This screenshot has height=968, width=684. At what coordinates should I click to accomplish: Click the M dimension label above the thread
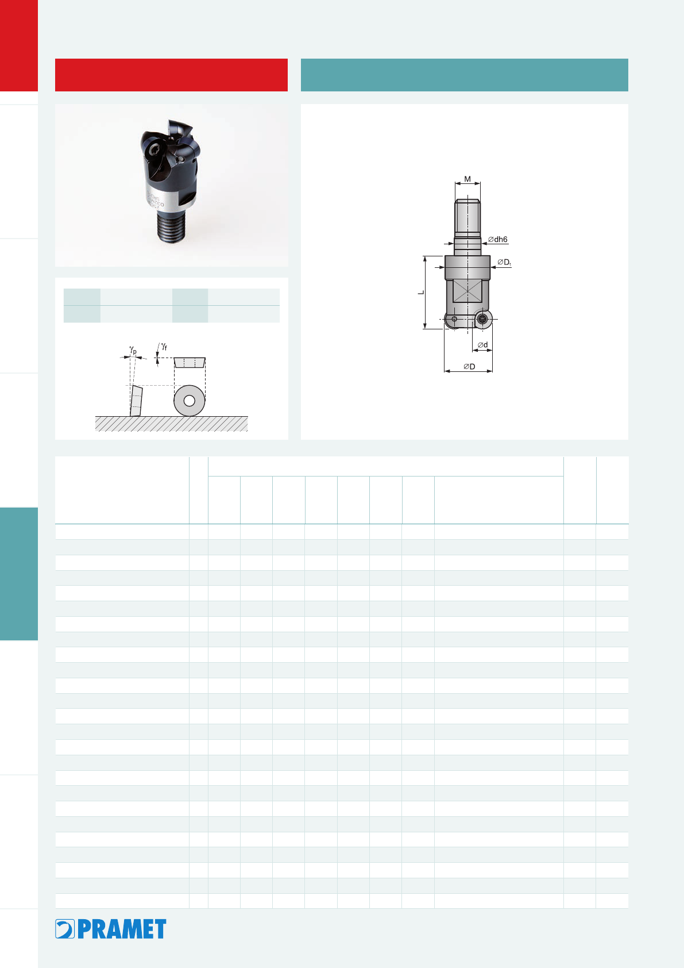click(467, 179)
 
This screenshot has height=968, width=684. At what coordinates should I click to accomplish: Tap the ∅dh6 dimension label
click(498, 239)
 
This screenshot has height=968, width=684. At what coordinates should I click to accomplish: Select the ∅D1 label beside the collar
click(504, 262)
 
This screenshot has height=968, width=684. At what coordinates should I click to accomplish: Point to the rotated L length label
click(421, 293)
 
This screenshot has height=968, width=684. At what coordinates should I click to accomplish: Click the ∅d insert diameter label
click(483, 344)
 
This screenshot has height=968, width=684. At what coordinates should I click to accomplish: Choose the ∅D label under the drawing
click(469, 367)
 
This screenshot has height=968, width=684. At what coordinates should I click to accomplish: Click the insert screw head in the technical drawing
click(482, 320)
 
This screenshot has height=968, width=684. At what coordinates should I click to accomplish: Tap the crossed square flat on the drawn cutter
click(467, 292)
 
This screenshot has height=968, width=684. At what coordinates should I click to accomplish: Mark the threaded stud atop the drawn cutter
click(467, 218)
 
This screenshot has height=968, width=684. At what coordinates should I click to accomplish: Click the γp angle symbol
click(133, 349)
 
